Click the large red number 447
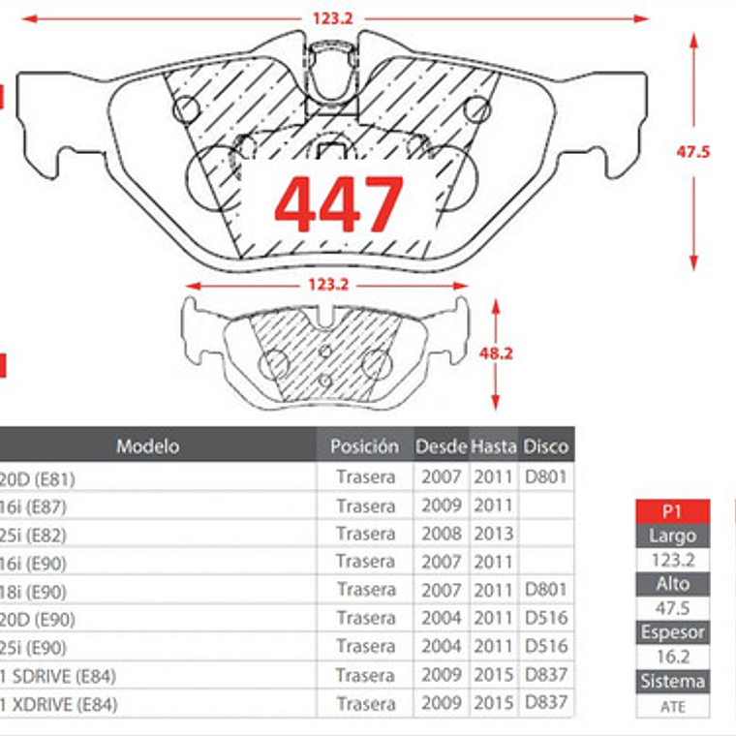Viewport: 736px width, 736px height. click(x=338, y=204)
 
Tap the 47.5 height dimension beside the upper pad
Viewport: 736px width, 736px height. click(x=693, y=152)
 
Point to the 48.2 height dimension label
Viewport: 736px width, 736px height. click(x=495, y=354)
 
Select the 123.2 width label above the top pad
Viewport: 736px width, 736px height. click(x=331, y=17)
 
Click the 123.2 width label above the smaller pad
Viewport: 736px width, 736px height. click(x=327, y=286)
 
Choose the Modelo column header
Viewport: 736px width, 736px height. click(x=147, y=446)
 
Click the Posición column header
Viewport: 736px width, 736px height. click(x=364, y=446)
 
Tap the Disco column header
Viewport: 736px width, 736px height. click(x=546, y=446)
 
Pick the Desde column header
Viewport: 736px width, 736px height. click(x=442, y=446)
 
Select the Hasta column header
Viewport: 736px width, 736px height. click(x=494, y=446)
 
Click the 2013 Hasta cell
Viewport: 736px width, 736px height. click(x=493, y=534)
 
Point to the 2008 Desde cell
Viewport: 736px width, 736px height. click(x=442, y=534)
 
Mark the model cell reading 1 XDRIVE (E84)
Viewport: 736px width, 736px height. click(x=59, y=704)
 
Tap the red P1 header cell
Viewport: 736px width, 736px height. click(x=673, y=511)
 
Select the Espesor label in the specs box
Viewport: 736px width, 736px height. click(x=673, y=632)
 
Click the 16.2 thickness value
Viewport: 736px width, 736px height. click(x=673, y=657)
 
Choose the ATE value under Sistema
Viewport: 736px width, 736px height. click(x=673, y=706)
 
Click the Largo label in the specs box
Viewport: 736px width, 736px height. click(x=673, y=536)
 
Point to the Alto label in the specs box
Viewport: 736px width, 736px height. click(x=673, y=584)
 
